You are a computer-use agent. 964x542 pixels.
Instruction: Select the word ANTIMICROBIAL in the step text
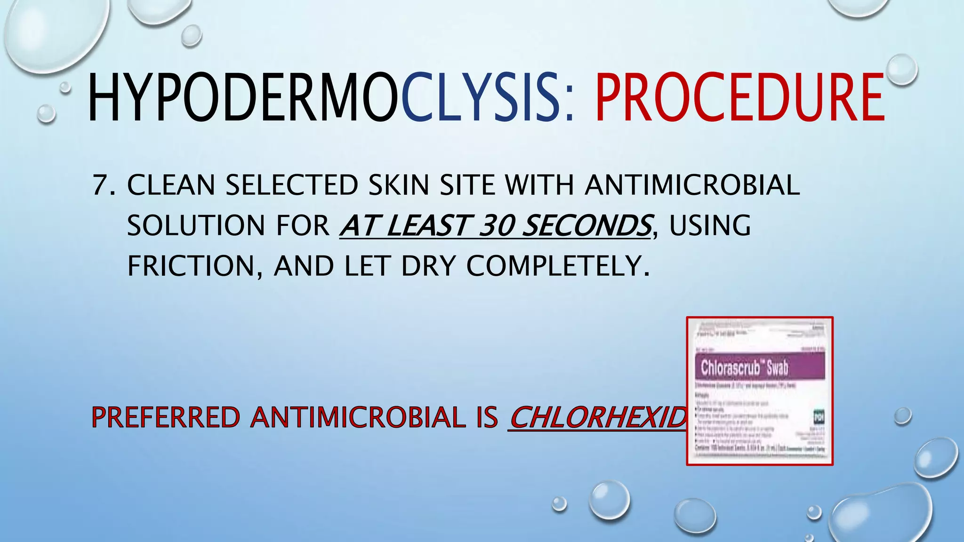(x=692, y=185)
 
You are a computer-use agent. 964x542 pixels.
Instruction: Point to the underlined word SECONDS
(x=587, y=225)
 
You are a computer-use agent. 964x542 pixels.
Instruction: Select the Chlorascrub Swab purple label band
(x=760, y=367)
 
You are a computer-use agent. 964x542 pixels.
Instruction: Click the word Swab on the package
(x=777, y=367)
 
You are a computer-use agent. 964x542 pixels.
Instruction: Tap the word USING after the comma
(x=710, y=225)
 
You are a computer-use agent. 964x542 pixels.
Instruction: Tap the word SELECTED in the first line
(x=292, y=185)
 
